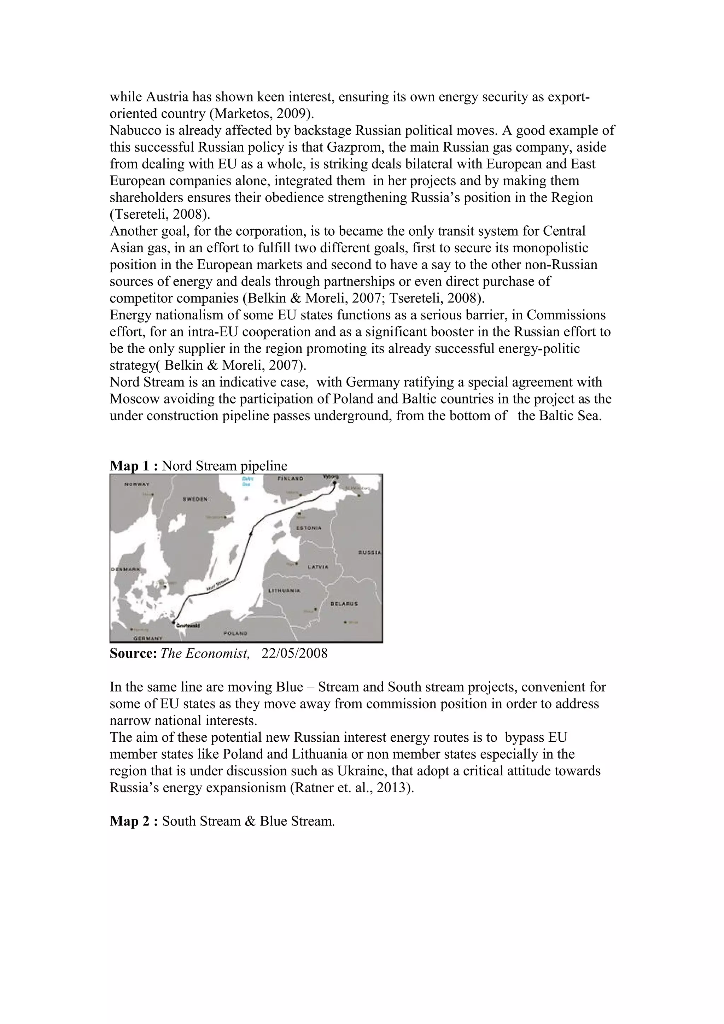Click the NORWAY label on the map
(x=137, y=484)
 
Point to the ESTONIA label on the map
(x=309, y=528)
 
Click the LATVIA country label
(x=318, y=567)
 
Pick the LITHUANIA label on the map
(x=284, y=590)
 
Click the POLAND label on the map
(x=235, y=633)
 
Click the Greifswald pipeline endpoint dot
(x=174, y=622)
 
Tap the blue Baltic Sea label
(x=246, y=482)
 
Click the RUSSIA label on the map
(x=369, y=553)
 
